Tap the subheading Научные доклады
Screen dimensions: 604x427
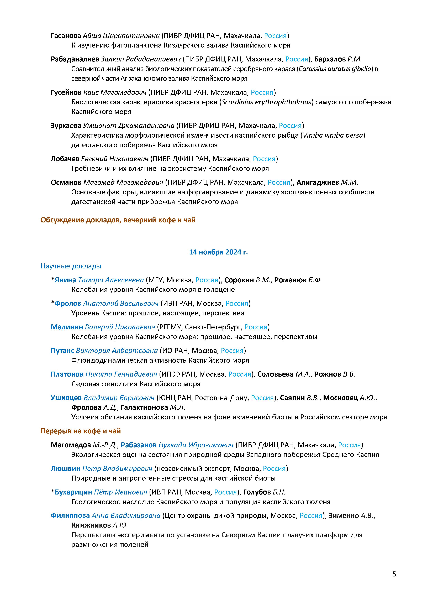pos(71,266)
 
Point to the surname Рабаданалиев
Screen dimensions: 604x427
pos(75,59)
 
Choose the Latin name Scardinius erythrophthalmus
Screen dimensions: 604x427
pos(266,102)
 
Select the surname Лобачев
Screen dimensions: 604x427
pos(65,159)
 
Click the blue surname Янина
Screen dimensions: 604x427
pos(65,280)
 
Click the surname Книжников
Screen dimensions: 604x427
pos(91,525)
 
